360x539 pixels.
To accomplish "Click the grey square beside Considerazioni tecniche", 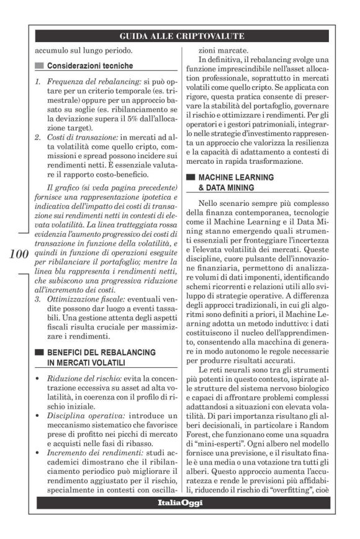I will tap(39, 65).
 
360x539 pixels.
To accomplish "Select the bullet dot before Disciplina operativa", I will tap(38, 412).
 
